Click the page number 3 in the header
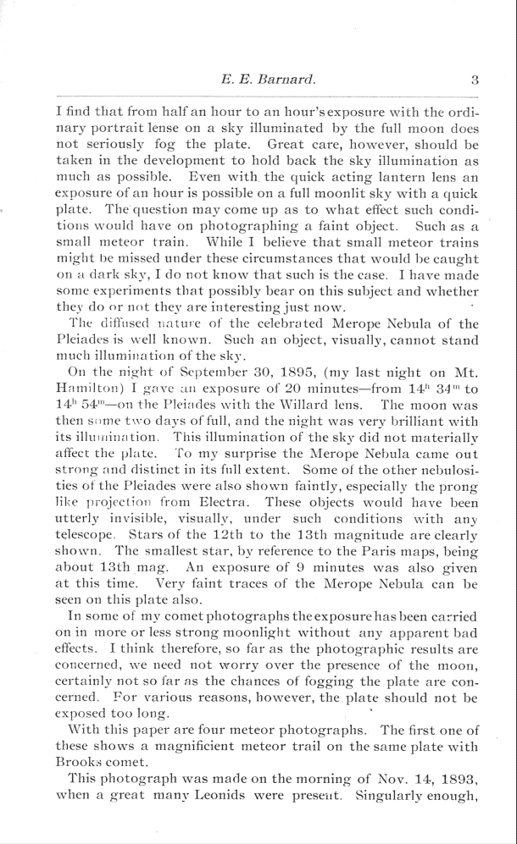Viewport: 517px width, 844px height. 475,80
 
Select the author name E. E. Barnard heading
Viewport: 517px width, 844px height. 267,80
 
